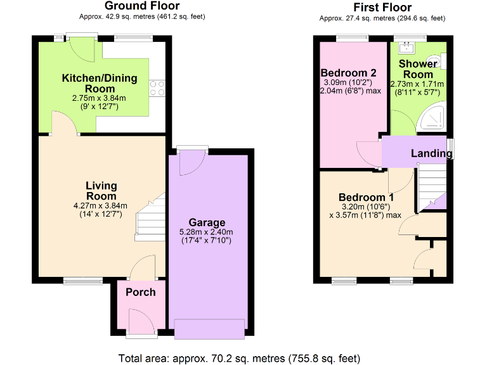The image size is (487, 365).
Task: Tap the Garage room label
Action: coord(207,222)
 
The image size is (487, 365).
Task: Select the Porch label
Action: coord(140,291)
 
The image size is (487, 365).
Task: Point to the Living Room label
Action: coord(101,191)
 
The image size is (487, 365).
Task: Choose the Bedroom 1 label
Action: coord(361,197)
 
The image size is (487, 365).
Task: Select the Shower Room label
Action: coord(419,69)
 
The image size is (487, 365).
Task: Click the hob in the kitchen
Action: coord(157,89)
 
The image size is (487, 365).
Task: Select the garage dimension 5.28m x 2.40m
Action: coord(207,232)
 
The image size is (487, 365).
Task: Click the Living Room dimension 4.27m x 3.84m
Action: coord(101,205)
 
